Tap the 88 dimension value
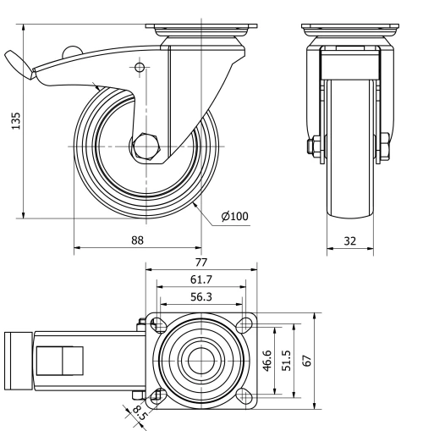tap(137, 240)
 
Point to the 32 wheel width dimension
tap(349, 240)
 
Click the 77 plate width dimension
tap(201, 262)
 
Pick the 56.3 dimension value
tap(201, 296)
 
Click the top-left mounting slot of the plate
tap(158, 323)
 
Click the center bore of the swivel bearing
tap(201, 359)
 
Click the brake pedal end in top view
tap(16, 360)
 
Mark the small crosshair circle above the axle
tap(140, 67)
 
